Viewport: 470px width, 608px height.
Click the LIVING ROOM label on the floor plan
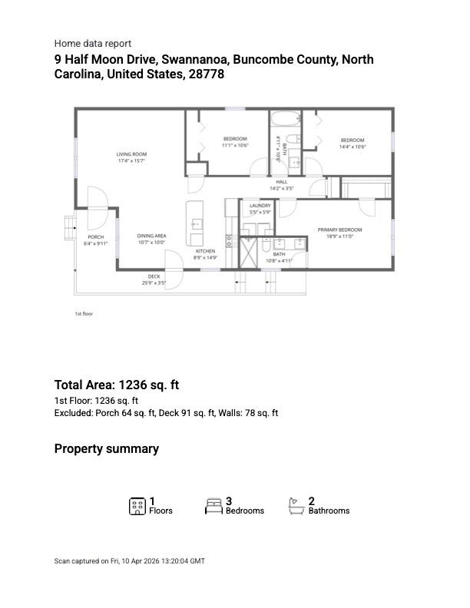(x=132, y=154)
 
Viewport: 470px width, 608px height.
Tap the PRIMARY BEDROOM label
(x=339, y=230)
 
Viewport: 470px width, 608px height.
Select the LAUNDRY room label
(x=260, y=206)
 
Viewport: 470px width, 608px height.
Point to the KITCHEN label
(x=205, y=252)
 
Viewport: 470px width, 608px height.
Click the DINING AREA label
(x=152, y=236)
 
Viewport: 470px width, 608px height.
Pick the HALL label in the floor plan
(x=282, y=182)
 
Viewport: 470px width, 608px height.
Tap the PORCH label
(x=96, y=237)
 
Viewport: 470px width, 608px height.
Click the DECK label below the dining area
(x=154, y=276)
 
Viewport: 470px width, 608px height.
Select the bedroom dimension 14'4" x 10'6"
(x=353, y=147)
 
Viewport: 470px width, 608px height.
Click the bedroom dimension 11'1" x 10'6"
(x=236, y=145)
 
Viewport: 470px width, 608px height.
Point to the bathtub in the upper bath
(x=286, y=120)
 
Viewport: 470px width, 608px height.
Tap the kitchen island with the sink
(x=195, y=223)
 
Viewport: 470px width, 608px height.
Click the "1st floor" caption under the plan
(x=84, y=314)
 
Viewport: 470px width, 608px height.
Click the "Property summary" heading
(x=107, y=449)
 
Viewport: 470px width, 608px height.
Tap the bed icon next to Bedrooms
(x=213, y=506)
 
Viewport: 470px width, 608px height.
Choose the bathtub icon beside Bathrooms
(x=296, y=506)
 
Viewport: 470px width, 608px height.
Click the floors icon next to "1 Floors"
(x=137, y=506)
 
